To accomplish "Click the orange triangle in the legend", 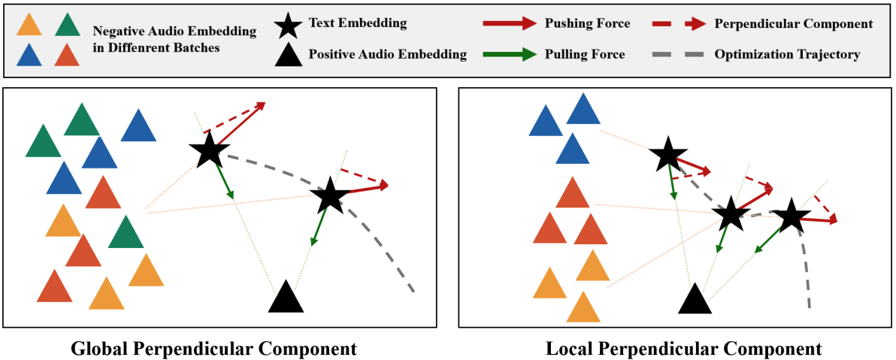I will (x=29, y=26).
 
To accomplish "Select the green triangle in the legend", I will (x=67, y=26).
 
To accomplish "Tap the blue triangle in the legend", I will (x=29, y=55).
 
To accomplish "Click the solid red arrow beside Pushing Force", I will (x=508, y=24).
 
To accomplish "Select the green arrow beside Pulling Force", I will (x=508, y=54).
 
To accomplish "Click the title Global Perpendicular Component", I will (x=213, y=349).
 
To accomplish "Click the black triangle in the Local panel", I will (x=695, y=299).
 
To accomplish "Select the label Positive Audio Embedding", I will (x=387, y=54).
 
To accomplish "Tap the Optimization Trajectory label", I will (x=787, y=54).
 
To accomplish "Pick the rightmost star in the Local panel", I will (x=791, y=217).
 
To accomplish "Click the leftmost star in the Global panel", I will (x=209, y=152).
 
